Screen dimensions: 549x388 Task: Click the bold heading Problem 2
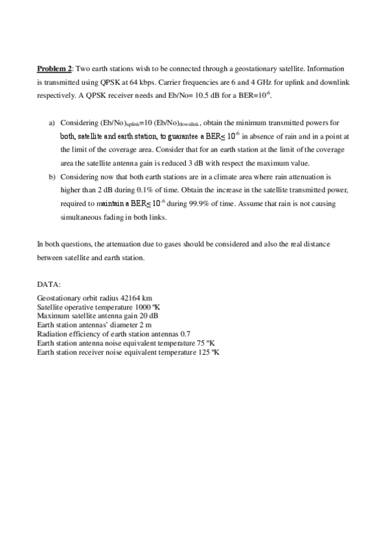[54, 68]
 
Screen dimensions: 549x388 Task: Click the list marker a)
[52, 122]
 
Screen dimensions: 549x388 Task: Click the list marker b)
[52, 177]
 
